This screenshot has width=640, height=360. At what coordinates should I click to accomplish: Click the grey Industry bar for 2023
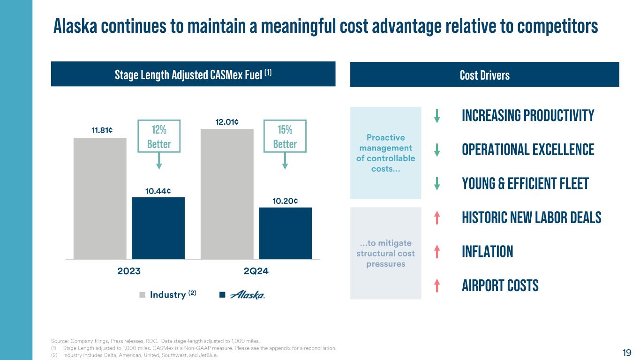(100, 198)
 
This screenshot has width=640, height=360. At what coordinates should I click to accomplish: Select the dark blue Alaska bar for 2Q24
(285, 233)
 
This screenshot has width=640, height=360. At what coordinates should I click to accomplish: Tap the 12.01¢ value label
(227, 122)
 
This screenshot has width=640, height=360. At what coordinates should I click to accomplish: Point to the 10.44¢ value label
(158, 191)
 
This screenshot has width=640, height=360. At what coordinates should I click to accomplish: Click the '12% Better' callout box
(159, 136)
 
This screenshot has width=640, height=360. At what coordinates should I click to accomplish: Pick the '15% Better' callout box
(285, 136)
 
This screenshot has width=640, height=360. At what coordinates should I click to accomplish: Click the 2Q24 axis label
(256, 272)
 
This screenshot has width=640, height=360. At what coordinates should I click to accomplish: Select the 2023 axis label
(129, 272)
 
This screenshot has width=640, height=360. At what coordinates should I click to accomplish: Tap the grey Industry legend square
(142, 295)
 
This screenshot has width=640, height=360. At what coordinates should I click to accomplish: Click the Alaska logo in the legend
(248, 295)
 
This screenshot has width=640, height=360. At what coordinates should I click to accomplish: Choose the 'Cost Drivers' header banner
(484, 75)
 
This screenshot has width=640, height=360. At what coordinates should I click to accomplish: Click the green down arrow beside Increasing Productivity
(437, 116)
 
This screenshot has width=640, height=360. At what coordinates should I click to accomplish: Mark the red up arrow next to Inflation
(437, 252)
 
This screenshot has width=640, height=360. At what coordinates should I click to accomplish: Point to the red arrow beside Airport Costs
(437, 285)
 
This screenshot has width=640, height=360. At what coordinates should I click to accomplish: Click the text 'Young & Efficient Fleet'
(525, 184)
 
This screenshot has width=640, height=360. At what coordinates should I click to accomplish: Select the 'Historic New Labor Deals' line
(532, 218)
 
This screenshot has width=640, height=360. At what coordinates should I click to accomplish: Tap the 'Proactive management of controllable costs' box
(385, 153)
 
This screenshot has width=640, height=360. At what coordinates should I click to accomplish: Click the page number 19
(627, 352)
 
